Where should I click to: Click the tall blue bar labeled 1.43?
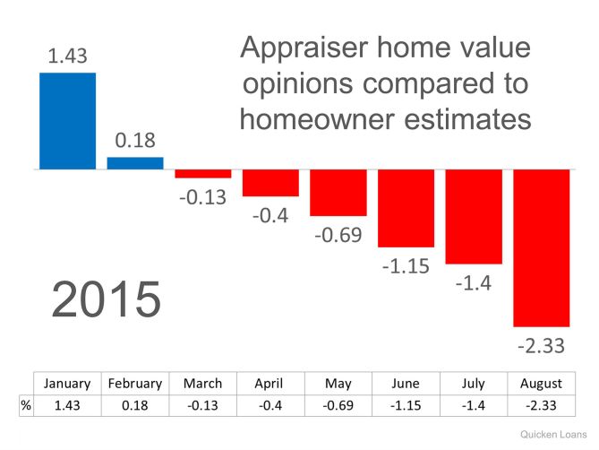click(67, 120)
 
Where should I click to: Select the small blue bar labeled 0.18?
click(135, 163)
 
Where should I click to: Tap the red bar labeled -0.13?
click(202, 173)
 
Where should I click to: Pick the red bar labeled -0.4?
click(270, 182)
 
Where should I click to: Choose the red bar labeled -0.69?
click(338, 192)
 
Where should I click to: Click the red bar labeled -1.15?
click(406, 207)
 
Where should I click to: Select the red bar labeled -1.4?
click(473, 216)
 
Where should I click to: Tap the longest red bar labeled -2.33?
click(541, 247)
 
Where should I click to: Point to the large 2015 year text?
click(107, 300)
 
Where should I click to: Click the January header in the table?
click(67, 383)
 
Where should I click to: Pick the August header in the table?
click(541, 383)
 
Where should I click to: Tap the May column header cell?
click(338, 383)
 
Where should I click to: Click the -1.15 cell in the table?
click(406, 405)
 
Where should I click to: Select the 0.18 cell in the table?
click(135, 405)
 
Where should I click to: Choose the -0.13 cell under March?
click(202, 405)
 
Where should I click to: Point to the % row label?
click(26, 405)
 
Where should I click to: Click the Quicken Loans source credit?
click(553, 431)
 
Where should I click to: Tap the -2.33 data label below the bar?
click(541, 344)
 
